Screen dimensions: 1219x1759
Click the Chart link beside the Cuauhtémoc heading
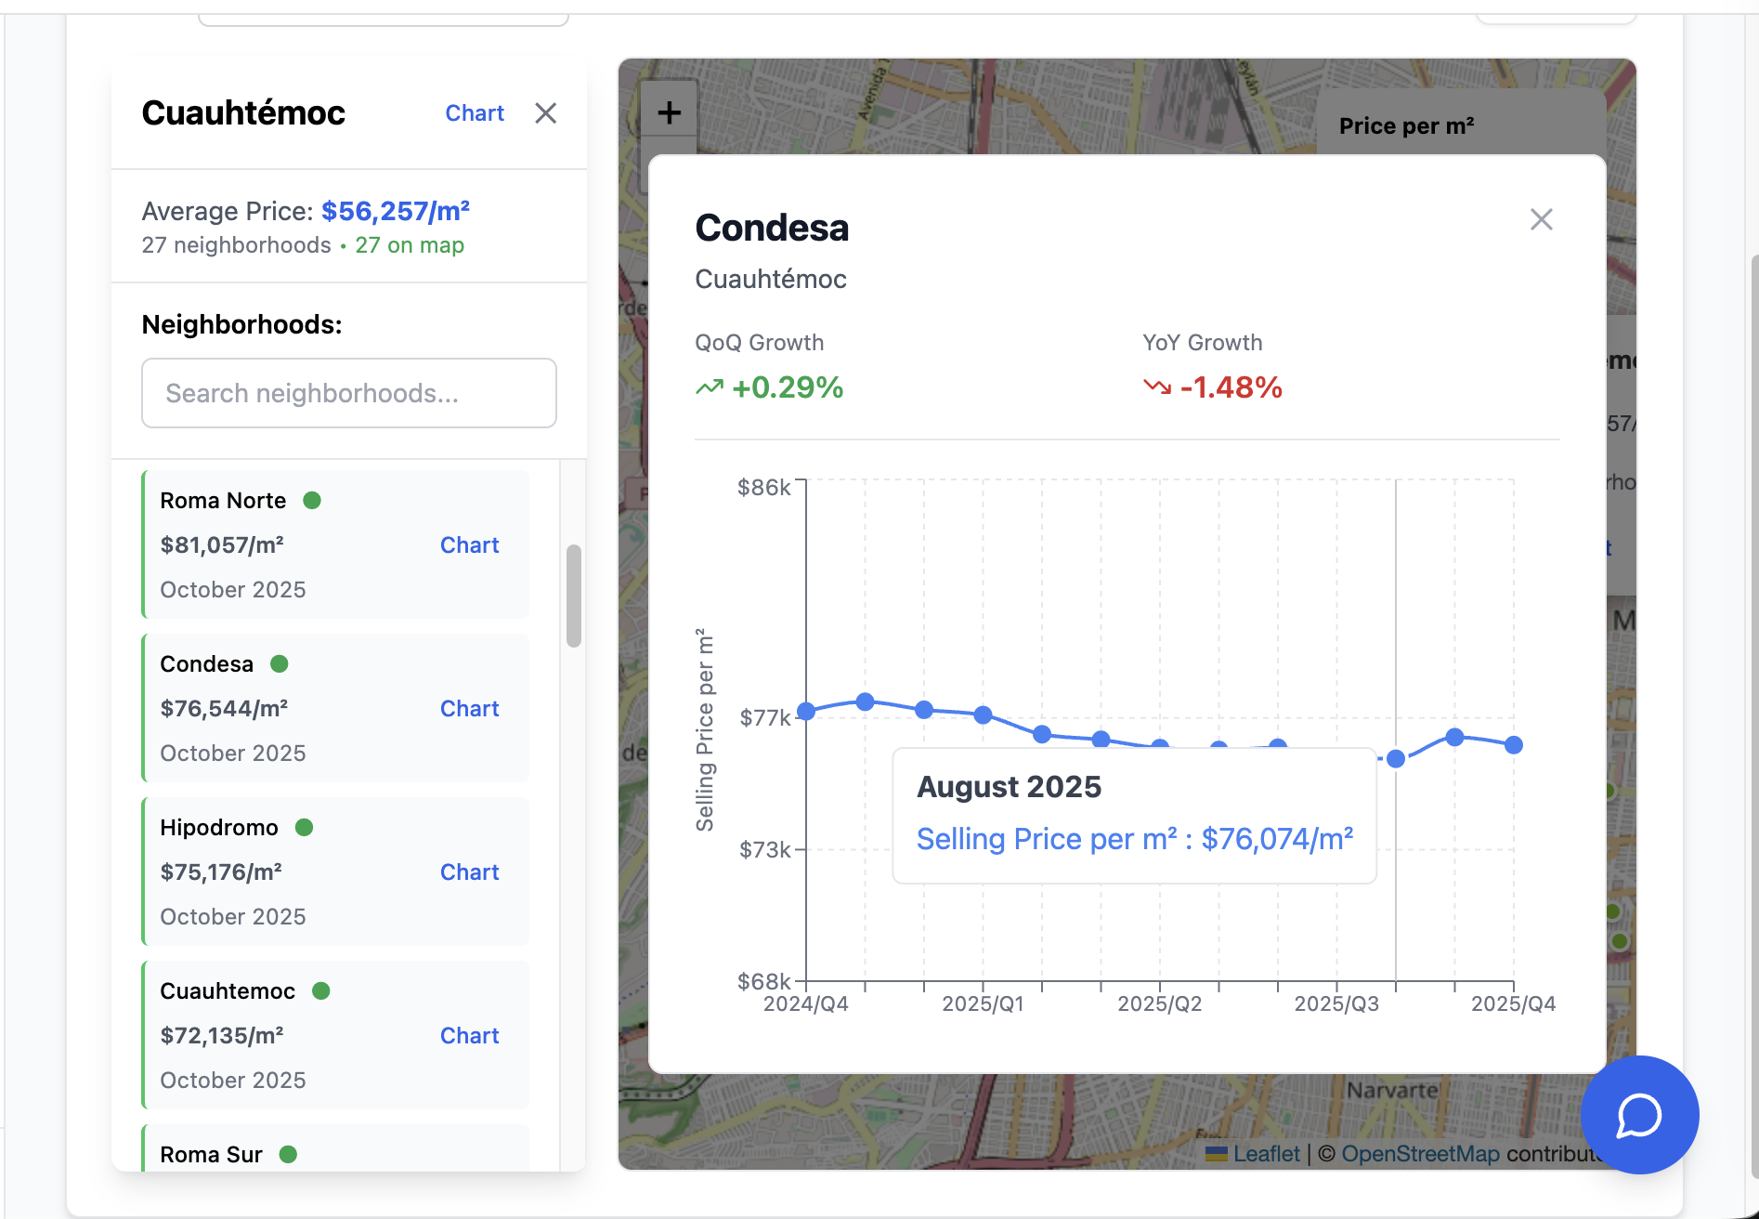point(475,113)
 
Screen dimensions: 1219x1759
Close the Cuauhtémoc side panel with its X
point(546,113)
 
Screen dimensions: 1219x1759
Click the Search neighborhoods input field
point(349,393)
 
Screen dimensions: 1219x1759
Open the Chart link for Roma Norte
point(469,545)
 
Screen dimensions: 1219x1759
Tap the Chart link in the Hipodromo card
point(469,872)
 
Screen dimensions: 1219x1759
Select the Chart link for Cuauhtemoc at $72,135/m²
point(469,1036)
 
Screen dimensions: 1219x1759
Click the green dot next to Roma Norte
point(312,501)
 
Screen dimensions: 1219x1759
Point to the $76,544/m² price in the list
point(224,709)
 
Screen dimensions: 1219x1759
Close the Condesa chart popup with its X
point(1542,219)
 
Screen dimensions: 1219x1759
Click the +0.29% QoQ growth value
point(787,387)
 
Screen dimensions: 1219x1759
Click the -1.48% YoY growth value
point(1231,387)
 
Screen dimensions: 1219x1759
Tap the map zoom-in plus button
point(669,113)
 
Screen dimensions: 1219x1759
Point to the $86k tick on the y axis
point(763,488)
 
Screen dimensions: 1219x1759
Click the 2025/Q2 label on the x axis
point(1159,1004)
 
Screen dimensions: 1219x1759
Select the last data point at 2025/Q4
point(1514,745)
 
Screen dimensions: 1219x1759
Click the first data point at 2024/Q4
point(806,712)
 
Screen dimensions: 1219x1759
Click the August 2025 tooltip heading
point(1009,787)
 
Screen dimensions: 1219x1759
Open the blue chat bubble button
point(1639,1115)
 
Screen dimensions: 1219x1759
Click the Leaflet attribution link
point(1266,1154)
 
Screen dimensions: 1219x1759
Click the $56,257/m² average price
point(396,212)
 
